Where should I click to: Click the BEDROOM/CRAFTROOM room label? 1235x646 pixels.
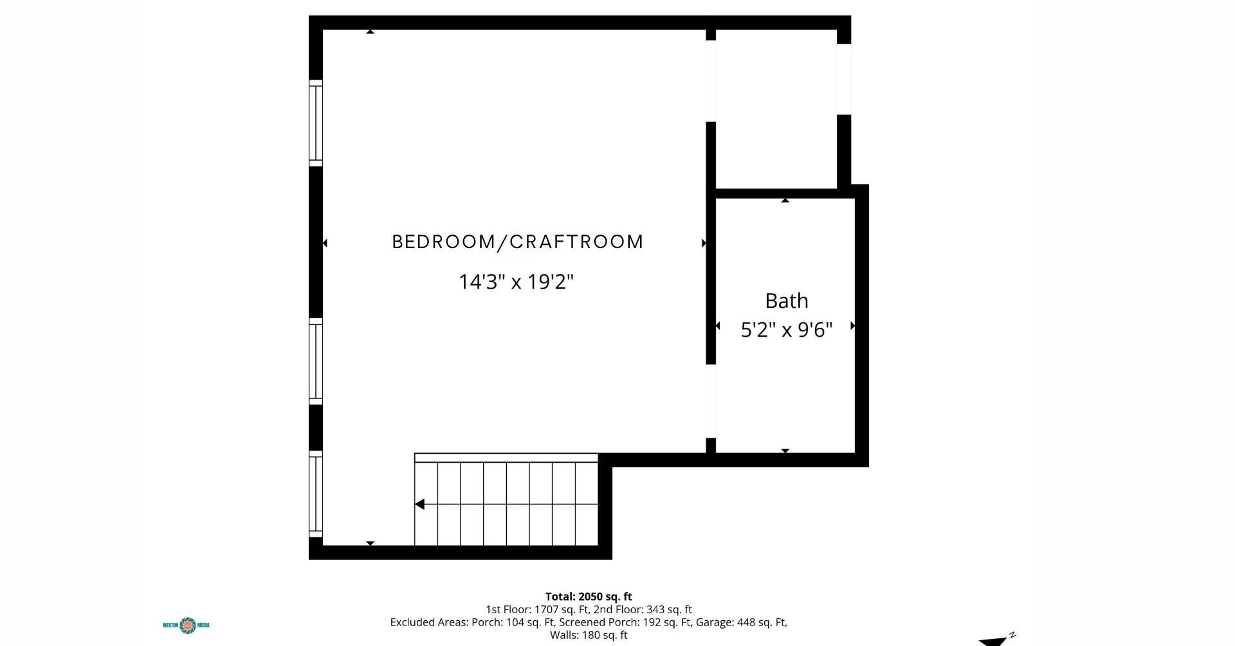(x=518, y=242)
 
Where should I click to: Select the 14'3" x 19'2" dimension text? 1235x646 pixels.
(x=516, y=282)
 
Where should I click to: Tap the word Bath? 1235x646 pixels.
(x=786, y=300)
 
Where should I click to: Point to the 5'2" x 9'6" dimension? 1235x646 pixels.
(x=787, y=330)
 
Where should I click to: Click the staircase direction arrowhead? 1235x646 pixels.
(x=419, y=505)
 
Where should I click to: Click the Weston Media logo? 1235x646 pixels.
(x=187, y=625)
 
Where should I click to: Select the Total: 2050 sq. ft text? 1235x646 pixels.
(x=589, y=597)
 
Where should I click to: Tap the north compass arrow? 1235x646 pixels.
(x=996, y=640)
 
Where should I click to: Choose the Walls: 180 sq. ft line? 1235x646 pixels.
(x=589, y=635)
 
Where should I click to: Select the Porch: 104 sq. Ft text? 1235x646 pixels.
(x=513, y=622)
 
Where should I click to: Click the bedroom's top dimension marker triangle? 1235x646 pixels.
(x=370, y=31)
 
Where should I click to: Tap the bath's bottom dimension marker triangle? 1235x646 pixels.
(x=785, y=451)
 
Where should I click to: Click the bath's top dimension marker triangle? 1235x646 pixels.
(x=785, y=201)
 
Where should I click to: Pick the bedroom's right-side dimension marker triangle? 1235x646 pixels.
(x=704, y=243)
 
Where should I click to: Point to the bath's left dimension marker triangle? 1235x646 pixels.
(x=718, y=326)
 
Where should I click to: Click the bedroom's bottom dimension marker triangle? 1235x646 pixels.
(x=370, y=543)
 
